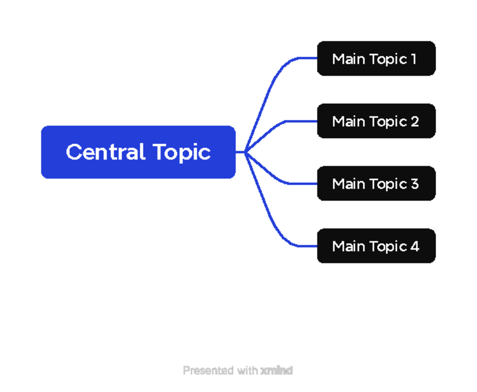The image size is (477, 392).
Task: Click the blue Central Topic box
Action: point(138,152)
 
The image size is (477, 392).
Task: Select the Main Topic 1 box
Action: point(376,58)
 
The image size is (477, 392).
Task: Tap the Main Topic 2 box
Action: point(376,121)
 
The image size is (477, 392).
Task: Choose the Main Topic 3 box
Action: point(376,183)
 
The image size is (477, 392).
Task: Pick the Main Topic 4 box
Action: point(376,246)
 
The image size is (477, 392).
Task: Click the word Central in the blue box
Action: point(105,152)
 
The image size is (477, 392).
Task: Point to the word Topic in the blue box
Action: point(182,153)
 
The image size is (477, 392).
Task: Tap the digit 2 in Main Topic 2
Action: point(415,121)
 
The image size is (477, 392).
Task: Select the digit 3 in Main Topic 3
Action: point(415,183)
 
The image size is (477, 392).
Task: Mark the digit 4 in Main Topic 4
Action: point(415,246)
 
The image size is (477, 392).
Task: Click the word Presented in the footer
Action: point(208,371)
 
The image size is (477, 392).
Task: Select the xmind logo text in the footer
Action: point(277,371)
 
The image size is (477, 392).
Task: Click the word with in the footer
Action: point(247,371)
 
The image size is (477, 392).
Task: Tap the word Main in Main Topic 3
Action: point(349,183)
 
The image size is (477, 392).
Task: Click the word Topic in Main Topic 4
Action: point(388,247)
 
